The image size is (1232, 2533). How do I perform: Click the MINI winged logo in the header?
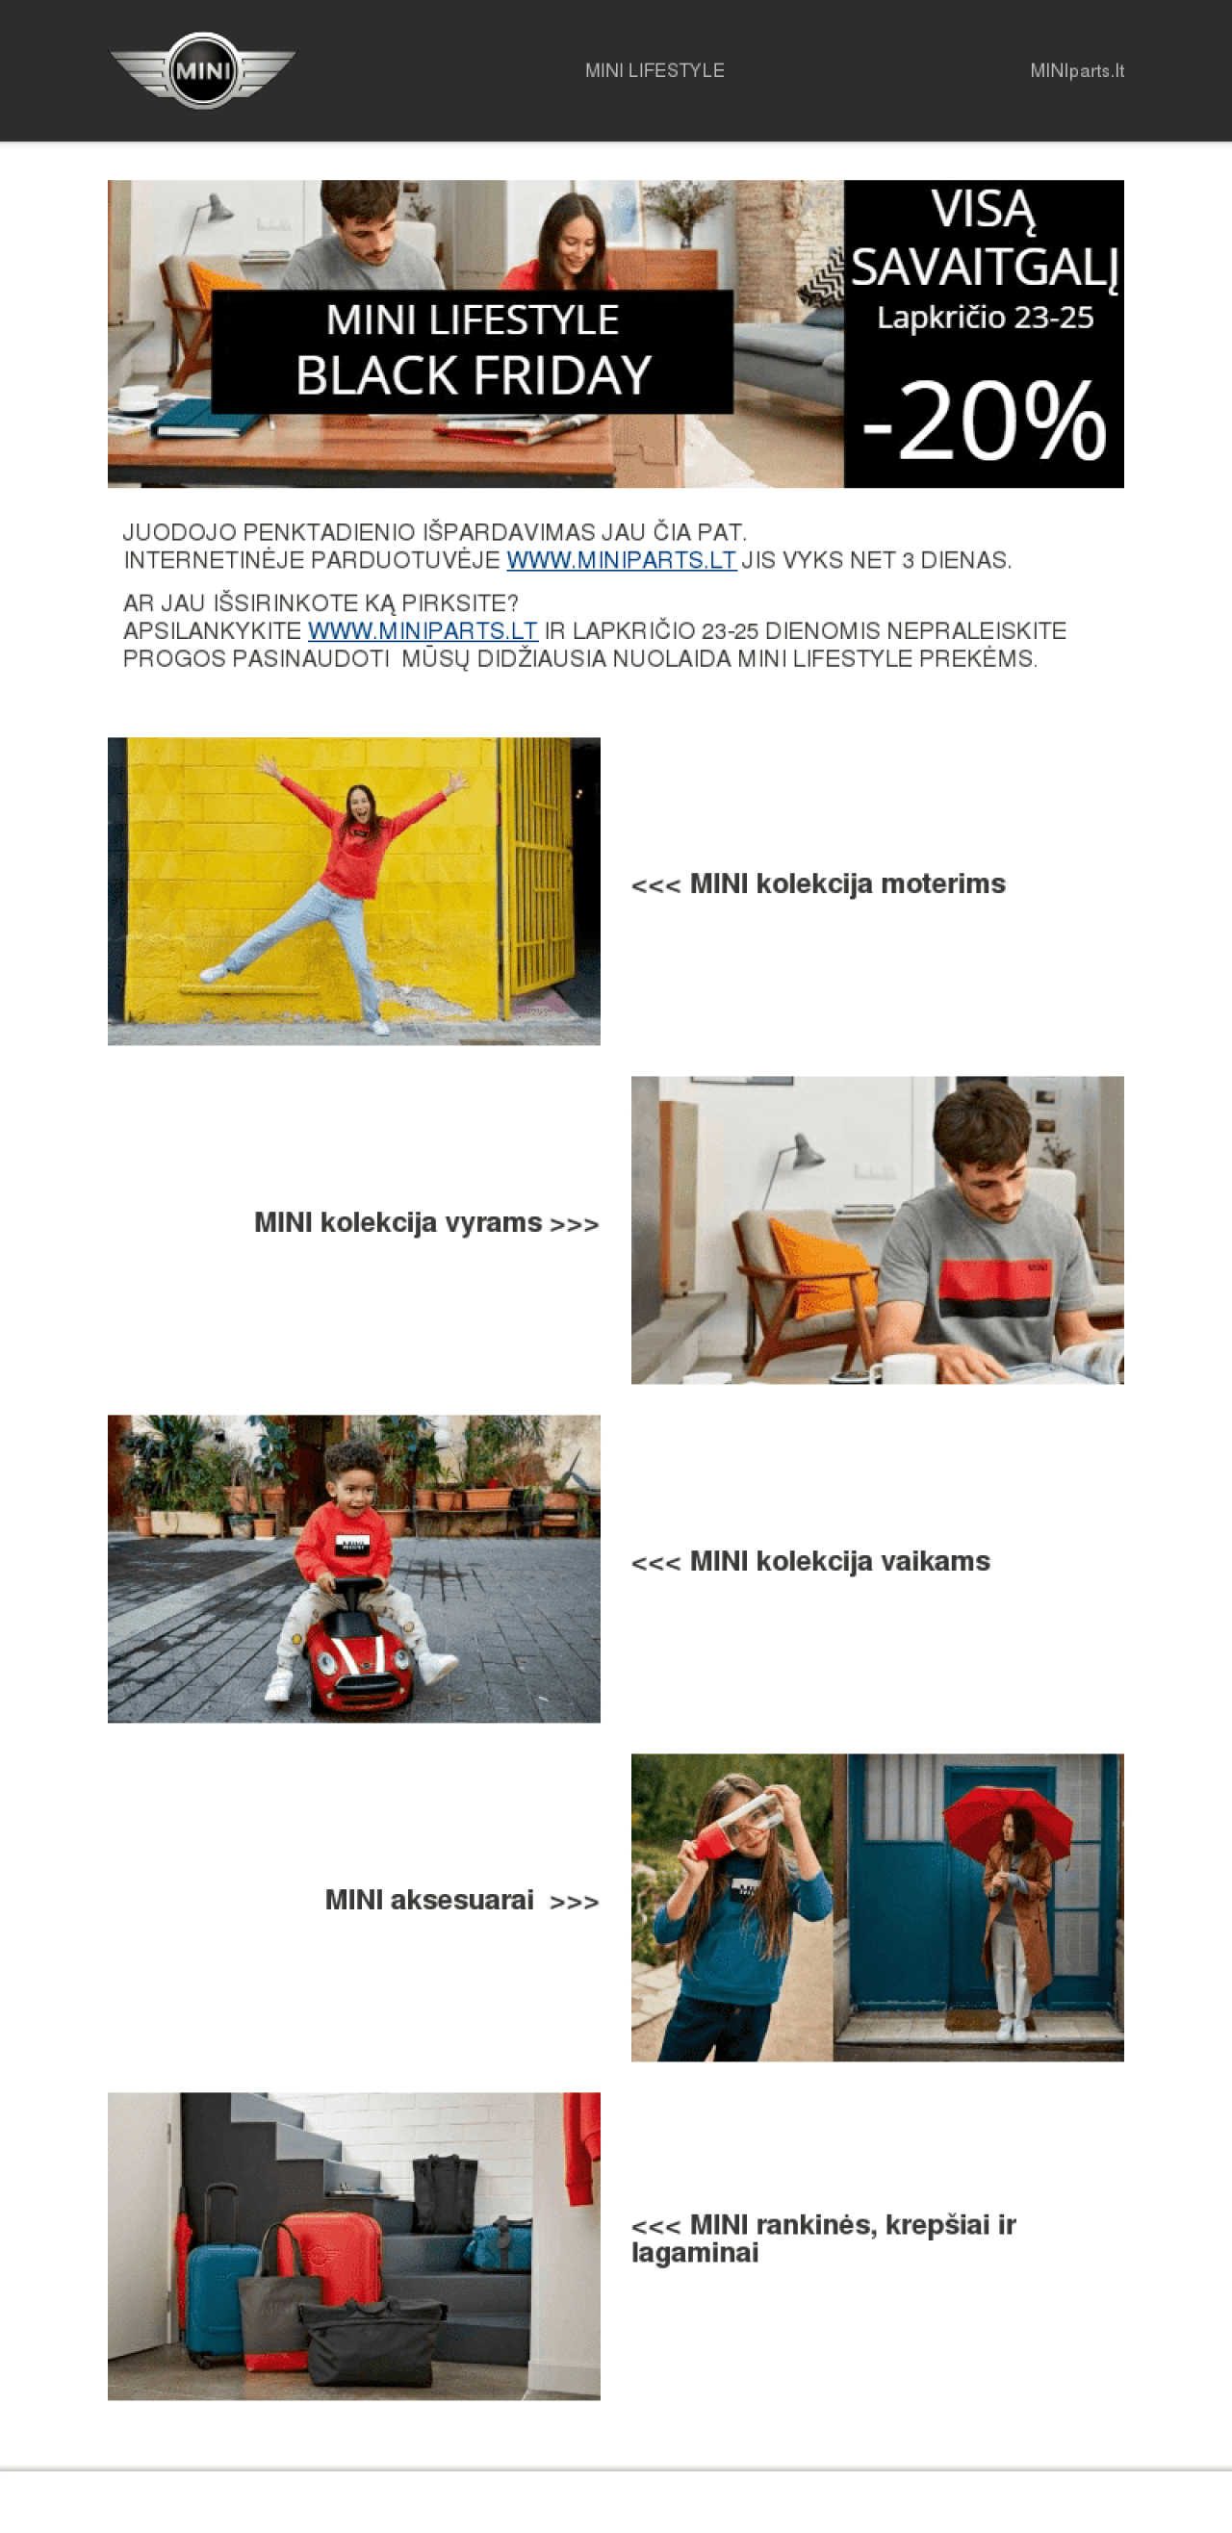click(x=202, y=71)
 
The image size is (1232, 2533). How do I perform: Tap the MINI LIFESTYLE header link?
click(x=654, y=71)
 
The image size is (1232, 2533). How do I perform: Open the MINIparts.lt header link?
click(x=1077, y=71)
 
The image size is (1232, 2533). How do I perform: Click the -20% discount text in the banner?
click(x=985, y=421)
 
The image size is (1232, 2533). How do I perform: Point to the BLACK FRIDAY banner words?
click(x=473, y=375)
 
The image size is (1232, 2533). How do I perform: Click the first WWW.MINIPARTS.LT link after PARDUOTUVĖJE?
click(x=622, y=560)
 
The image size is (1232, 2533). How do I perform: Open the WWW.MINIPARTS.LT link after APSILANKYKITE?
click(x=423, y=631)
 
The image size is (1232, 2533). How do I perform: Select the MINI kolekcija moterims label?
click(x=818, y=884)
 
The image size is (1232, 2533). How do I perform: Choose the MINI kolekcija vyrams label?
click(x=426, y=1223)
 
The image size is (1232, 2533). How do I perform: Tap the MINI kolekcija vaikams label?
click(x=810, y=1562)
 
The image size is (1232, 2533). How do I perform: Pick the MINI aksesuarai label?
click(x=462, y=1901)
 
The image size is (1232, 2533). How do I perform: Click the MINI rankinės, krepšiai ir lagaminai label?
click(x=824, y=2239)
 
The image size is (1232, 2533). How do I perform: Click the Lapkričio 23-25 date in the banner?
click(x=985, y=318)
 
